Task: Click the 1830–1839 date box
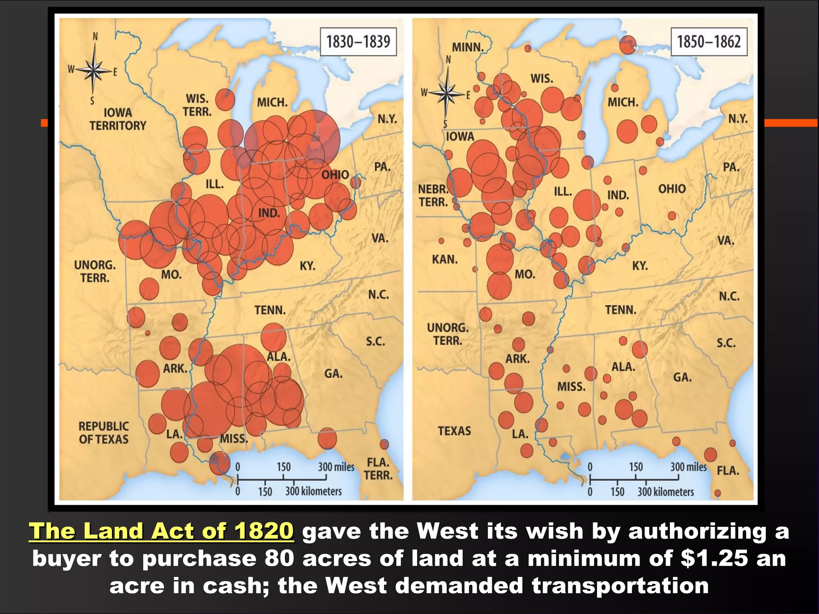click(x=358, y=42)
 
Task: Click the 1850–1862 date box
click(x=709, y=42)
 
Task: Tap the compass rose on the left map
click(x=94, y=70)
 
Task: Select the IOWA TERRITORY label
click(x=118, y=119)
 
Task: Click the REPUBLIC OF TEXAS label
click(x=104, y=433)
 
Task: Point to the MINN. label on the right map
click(x=467, y=47)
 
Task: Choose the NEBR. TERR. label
click(x=433, y=195)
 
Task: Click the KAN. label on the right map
click(x=445, y=259)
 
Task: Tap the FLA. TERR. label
click(x=378, y=468)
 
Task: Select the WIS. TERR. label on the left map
click(x=197, y=105)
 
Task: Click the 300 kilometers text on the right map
click(x=665, y=492)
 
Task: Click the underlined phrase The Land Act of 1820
click(x=162, y=531)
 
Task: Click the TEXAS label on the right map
click(x=454, y=431)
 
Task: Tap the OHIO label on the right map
click(x=672, y=189)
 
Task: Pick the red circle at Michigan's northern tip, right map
click(x=628, y=44)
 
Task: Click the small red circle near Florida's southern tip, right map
click(x=717, y=493)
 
